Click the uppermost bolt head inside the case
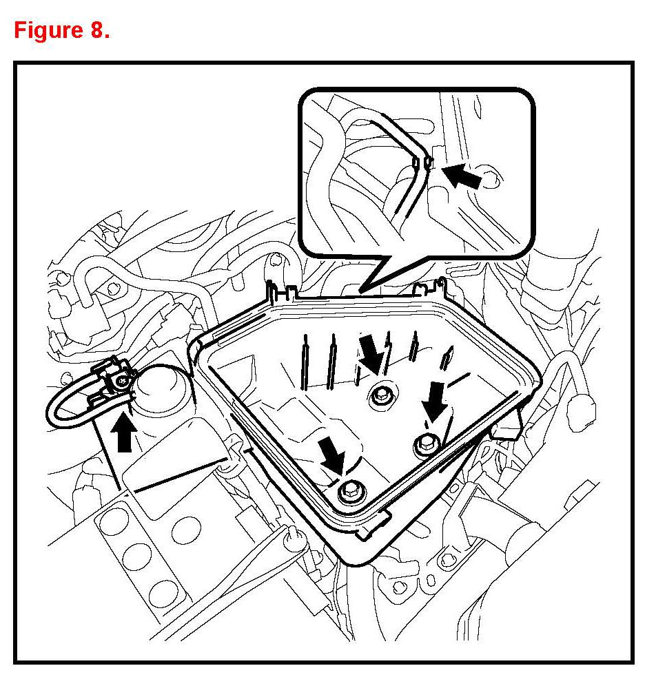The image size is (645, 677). (380, 395)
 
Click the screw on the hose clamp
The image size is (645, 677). (122, 380)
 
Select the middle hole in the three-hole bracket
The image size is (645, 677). (140, 555)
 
